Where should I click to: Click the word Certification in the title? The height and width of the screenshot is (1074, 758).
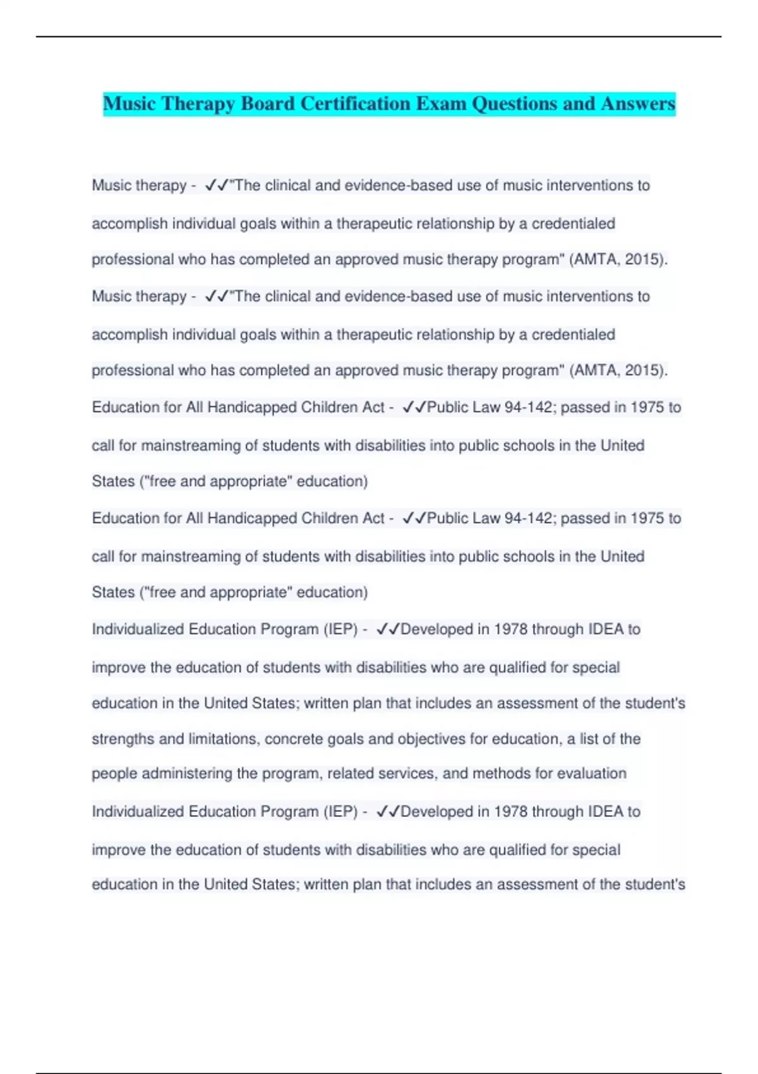[355, 104]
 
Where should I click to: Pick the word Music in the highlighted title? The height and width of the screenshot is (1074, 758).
[129, 104]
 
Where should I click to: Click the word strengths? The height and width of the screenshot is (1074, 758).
[123, 739]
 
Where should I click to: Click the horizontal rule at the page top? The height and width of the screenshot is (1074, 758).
[379, 37]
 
